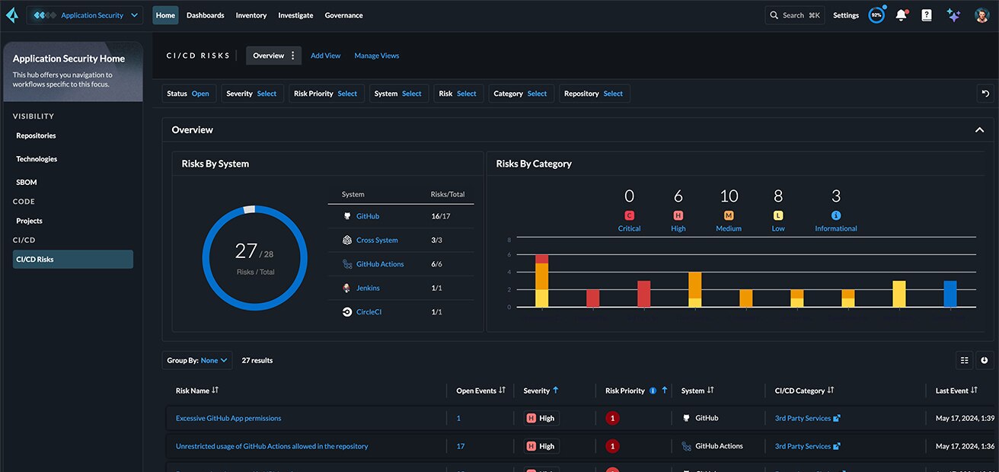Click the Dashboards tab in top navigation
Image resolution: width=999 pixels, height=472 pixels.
pos(205,15)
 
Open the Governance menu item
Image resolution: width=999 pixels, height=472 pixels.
pos(343,15)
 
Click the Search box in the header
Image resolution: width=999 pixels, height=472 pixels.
pos(794,15)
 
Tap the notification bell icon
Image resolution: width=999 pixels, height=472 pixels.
pos(902,15)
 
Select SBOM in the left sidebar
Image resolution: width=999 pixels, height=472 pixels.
pos(27,183)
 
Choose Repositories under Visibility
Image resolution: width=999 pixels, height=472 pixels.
pos(36,136)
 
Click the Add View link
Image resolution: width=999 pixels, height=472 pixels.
pos(325,56)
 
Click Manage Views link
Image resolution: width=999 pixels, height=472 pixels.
pos(376,56)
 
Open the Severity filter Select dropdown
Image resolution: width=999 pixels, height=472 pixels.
pos(267,94)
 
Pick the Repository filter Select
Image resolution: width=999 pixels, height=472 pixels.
pos(613,94)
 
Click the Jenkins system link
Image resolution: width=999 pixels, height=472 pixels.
pos(368,288)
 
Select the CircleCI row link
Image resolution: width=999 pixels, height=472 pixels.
pos(369,312)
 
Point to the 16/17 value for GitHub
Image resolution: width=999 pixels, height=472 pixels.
pos(441,216)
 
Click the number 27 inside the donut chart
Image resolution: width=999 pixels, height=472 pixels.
pos(246,250)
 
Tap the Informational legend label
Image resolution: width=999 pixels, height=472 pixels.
pos(835,228)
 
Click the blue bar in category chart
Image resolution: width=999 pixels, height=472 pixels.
pos(950,294)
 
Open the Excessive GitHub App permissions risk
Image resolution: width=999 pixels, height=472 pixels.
pos(228,418)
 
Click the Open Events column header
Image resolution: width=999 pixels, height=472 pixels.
pos(476,391)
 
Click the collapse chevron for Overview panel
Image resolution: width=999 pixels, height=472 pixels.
pos(979,130)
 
